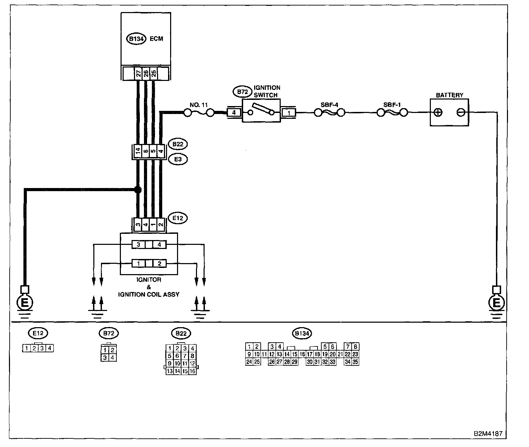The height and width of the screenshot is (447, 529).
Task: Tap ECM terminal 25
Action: [154, 73]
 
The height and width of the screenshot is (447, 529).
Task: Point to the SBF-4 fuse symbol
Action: [330, 112]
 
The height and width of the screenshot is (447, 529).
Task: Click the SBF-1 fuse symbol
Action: [392, 112]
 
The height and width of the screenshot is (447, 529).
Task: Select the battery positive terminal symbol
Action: [438, 112]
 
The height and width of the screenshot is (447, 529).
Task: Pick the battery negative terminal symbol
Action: [461, 112]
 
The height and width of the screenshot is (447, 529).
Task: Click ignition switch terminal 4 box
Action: [234, 112]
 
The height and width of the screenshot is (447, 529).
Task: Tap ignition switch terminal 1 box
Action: [289, 112]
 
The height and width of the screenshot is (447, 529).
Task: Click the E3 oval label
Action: [178, 159]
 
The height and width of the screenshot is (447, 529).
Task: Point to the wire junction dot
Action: [138, 189]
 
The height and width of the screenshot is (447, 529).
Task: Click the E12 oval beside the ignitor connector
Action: [178, 218]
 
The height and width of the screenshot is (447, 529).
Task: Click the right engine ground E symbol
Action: [496, 303]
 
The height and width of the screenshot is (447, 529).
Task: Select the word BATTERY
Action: [449, 95]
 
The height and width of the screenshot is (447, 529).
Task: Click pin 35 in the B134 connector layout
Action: [355, 362]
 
